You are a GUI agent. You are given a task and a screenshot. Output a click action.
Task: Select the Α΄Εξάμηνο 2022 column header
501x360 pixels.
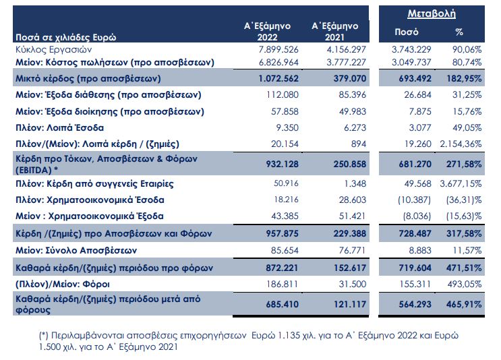click(x=267, y=31)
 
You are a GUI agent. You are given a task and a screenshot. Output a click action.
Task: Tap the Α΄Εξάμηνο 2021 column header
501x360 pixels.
click(x=334, y=31)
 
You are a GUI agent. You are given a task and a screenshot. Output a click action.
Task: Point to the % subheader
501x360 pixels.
click(x=460, y=31)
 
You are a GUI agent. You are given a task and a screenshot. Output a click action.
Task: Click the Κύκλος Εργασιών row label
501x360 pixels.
click(x=53, y=50)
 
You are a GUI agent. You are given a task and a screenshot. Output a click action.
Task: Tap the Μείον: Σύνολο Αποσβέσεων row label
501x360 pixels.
click(x=80, y=249)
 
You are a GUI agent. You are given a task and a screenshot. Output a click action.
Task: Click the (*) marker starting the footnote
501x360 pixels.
click(x=45, y=335)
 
